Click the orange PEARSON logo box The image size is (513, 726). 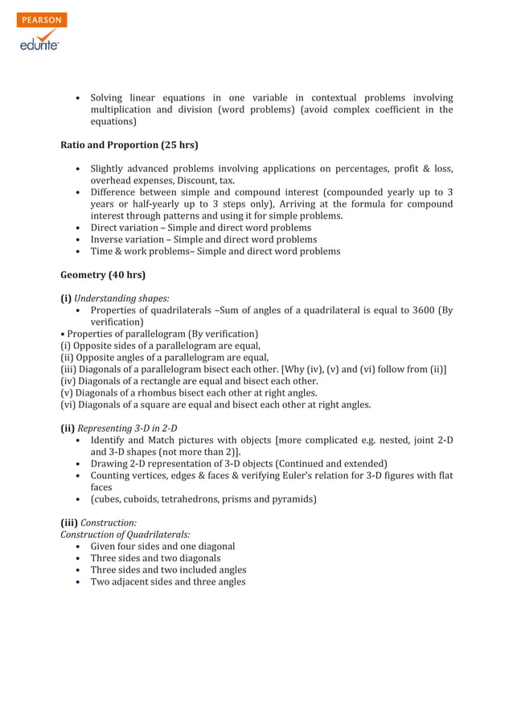pos(41,20)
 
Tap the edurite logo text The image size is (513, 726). pos(39,46)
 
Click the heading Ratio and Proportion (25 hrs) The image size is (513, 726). pos(129,146)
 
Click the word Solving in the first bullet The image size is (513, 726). pos(106,99)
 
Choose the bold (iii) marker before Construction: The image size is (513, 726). pos(69,523)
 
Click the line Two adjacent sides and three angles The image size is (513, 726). pos(167,581)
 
